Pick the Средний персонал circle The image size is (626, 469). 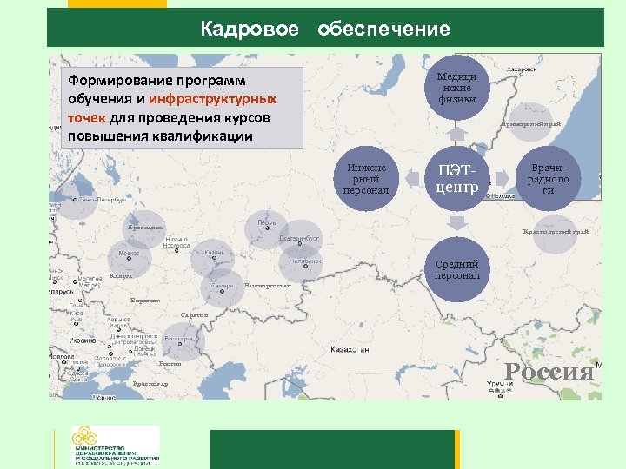click(x=456, y=269)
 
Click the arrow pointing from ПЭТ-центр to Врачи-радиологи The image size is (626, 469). click(x=502, y=178)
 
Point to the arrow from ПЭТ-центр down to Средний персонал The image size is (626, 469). click(x=456, y=222)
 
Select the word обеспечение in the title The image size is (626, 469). click(x=383, y=30)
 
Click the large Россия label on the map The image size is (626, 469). click(x=549, y=372)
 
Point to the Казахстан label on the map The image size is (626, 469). click(x=350, y=349)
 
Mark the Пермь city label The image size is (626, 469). click(x=267, y=222)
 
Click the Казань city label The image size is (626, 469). click(x=215, y=253)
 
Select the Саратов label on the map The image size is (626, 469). click(x=194, y=314)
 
